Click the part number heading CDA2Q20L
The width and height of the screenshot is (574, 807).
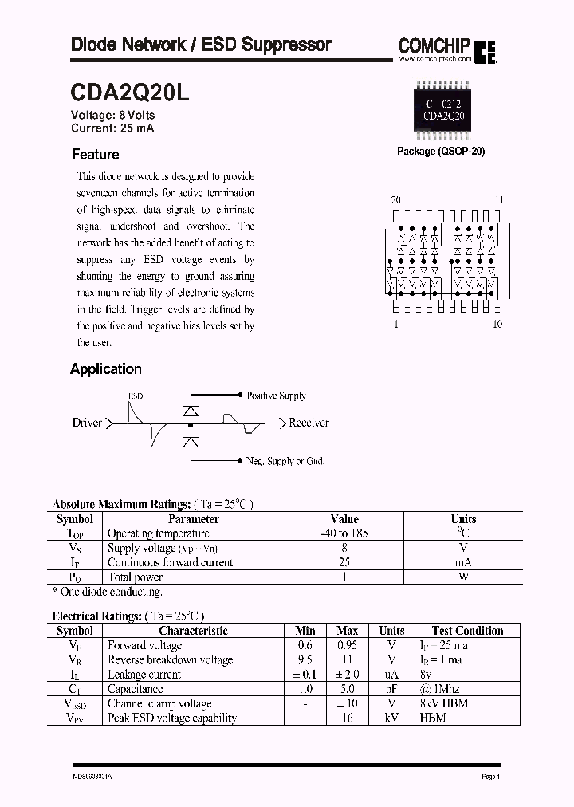pos(130,93)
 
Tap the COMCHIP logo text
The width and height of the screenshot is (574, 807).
pos(434,46)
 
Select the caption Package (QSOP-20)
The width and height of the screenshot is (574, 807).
pos(441,151)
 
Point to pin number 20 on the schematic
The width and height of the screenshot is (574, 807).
pos(395,199)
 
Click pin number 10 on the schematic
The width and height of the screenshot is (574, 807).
pos(497,324)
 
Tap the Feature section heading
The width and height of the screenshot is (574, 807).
pos(95,155)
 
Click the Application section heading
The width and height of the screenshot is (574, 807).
pos(106,369)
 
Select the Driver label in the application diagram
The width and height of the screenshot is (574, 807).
pos(87,423)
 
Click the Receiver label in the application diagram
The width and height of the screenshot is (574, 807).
pos(309,423)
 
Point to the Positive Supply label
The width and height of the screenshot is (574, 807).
pos(276,396)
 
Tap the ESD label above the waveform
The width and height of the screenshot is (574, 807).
pos(136,396)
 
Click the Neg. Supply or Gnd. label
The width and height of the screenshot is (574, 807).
pos(285,461)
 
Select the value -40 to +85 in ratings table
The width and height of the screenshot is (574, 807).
pos(344,533)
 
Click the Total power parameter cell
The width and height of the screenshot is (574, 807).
pos(135,577)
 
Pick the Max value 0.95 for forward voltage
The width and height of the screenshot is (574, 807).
pos(348,645)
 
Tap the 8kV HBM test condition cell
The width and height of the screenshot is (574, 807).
pos(443,703)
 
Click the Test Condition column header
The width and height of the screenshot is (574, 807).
pos(467,630)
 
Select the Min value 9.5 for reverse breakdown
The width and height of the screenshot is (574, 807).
pos(305,659)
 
